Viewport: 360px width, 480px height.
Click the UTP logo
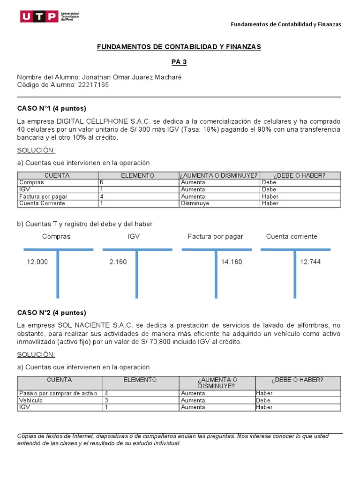coord(49,17)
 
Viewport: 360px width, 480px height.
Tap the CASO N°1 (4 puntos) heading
coord(52,108)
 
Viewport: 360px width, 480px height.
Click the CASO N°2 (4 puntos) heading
coord(52,313)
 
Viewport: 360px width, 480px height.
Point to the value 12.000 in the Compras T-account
coord(37,262)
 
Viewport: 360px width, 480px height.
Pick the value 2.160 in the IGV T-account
coord(118,262)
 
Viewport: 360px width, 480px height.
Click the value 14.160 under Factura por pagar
coord(232,262)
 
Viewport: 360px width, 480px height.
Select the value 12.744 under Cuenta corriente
coord(310,262)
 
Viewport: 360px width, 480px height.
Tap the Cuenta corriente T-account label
coord(292,236)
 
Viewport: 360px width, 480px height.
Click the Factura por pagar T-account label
coord(215,236)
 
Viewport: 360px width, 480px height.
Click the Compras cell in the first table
coord(32,182)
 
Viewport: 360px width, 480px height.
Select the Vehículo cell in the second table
coord(31,400)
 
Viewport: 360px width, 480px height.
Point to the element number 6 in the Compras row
coord(102,182)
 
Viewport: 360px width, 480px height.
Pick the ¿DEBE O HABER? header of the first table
coord(300,175)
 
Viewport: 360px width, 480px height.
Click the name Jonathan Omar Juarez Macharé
coord(132,77)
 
